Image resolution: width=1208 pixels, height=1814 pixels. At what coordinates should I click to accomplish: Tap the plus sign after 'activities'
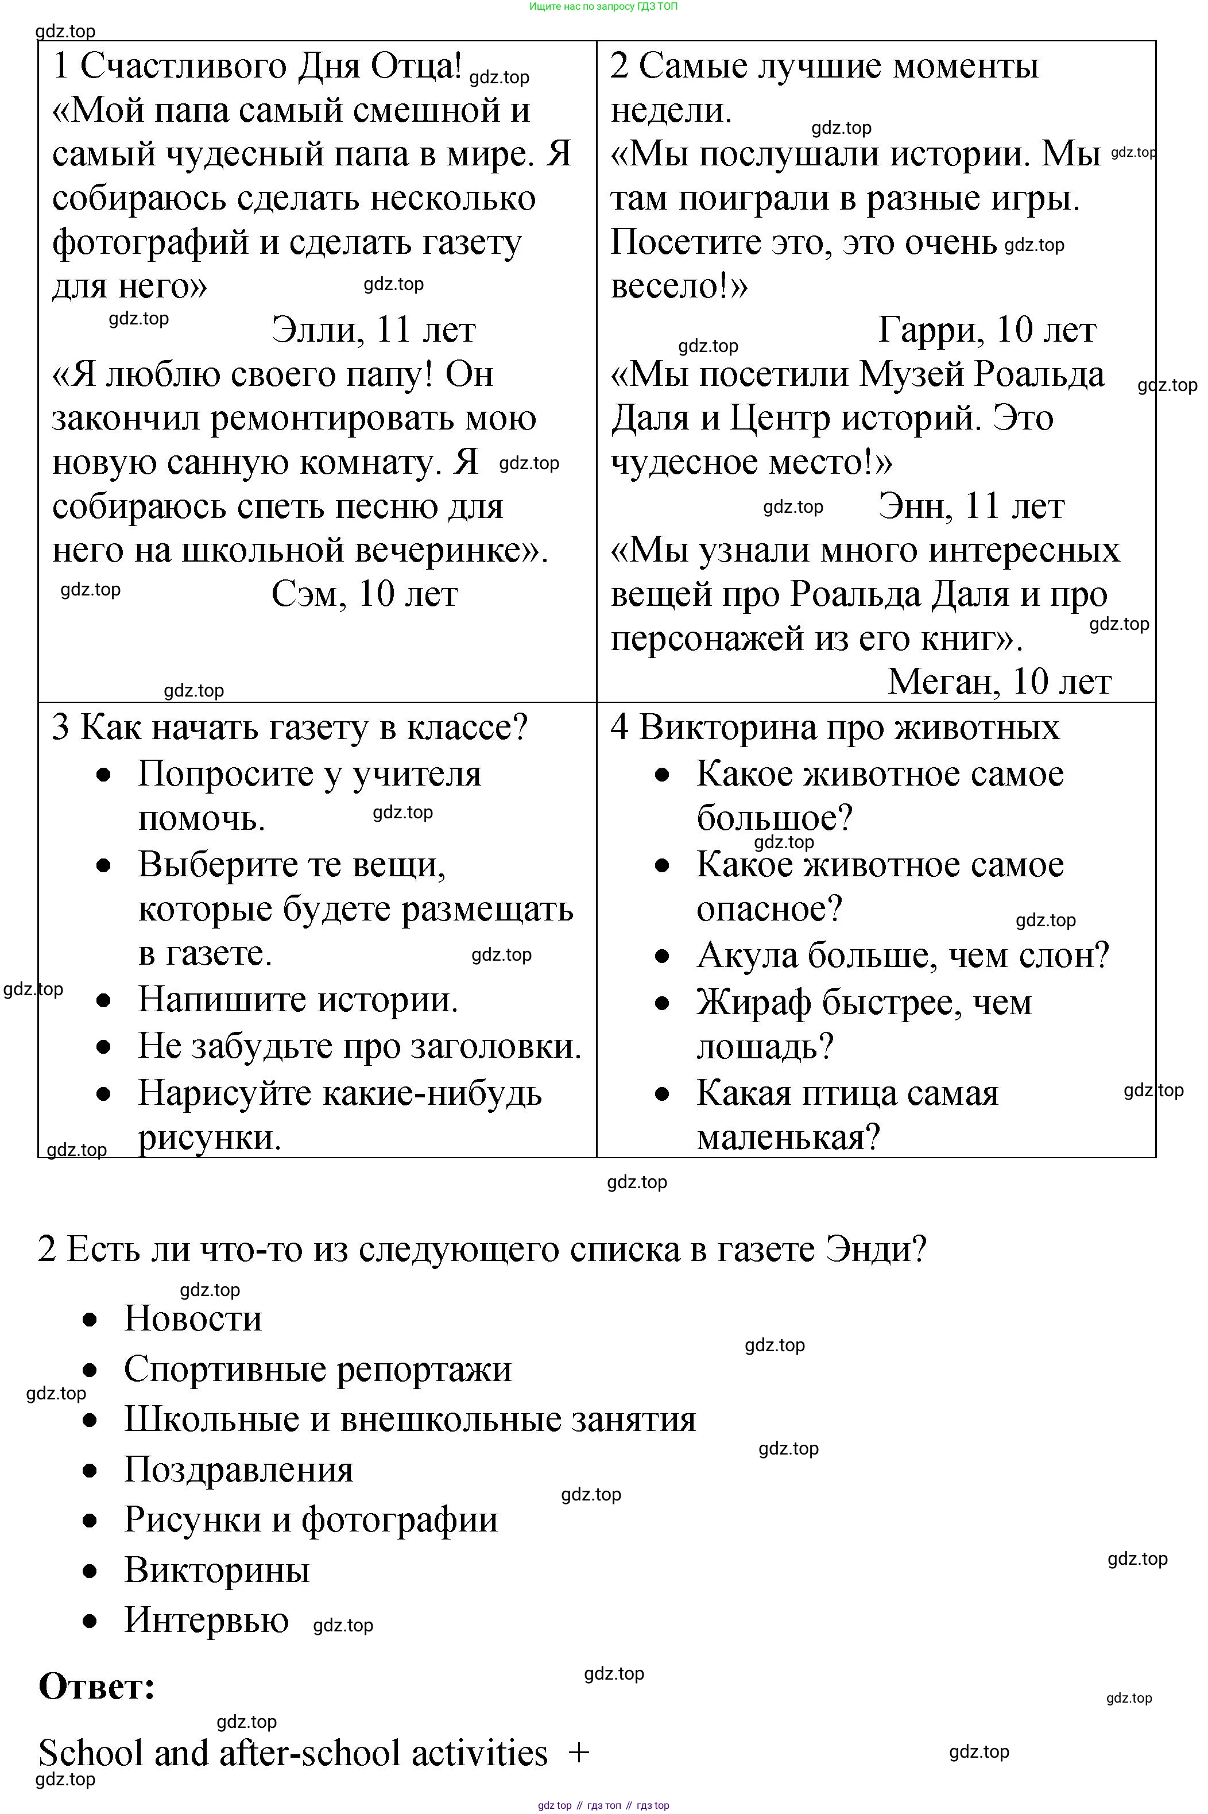[x=579, y=1753]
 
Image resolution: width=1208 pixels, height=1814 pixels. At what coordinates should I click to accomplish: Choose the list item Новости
[x=192, y=1318]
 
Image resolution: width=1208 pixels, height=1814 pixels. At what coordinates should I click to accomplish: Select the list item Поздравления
[x=238, y=1469]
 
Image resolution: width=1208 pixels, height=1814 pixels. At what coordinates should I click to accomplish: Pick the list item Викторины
[x=216, y=1570]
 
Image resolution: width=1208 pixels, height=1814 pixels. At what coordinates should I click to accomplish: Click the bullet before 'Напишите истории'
[x=104, y=1000]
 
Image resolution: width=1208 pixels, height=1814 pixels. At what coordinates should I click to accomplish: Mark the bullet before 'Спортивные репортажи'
[x=90, y=1370]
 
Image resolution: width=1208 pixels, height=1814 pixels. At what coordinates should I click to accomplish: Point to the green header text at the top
[x=603, y=6]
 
